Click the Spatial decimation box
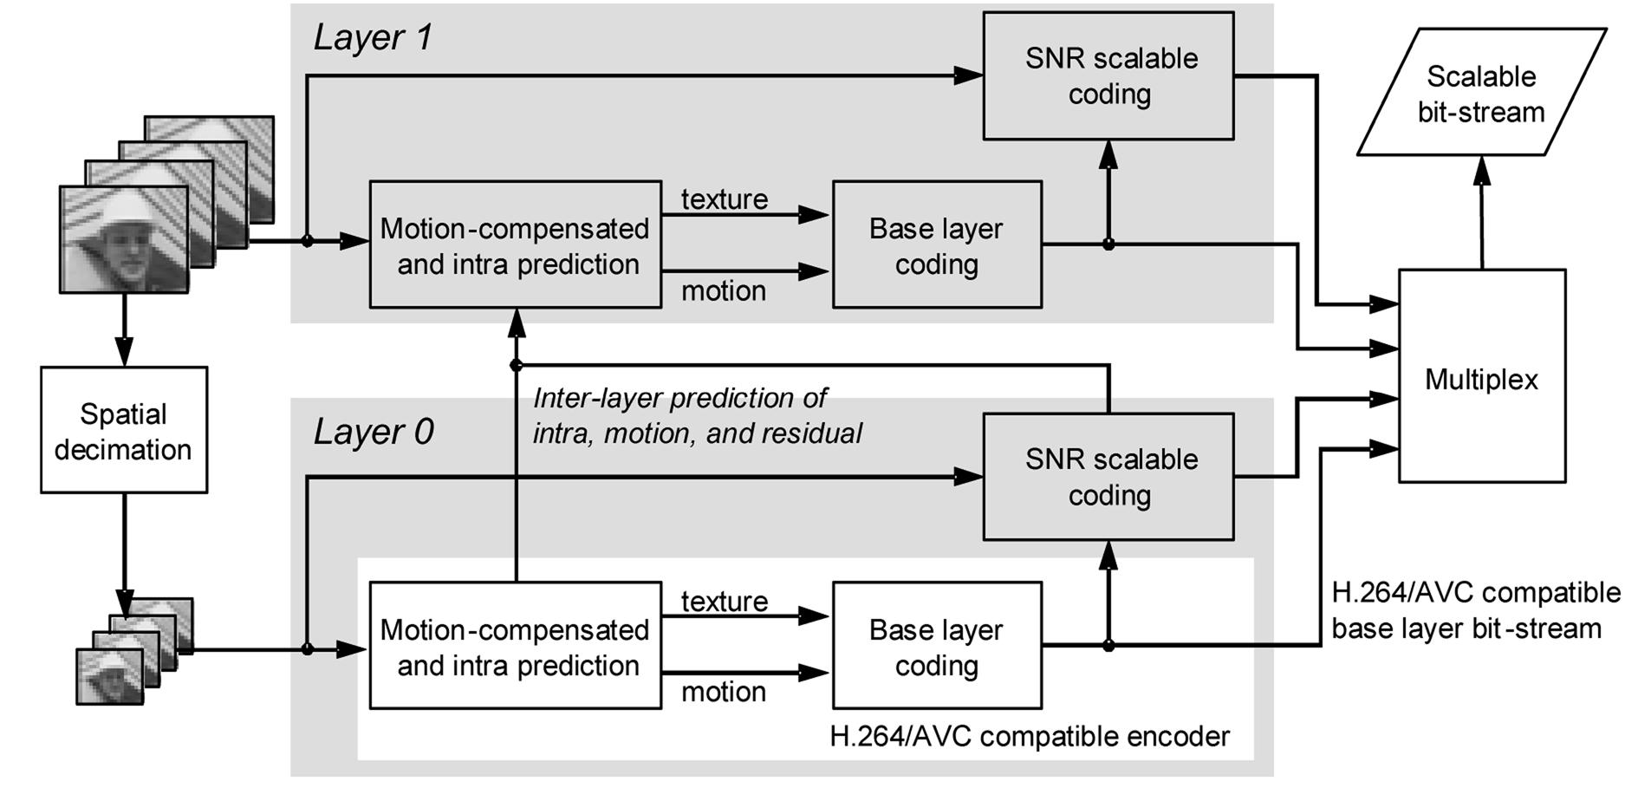click(x=123, y=430)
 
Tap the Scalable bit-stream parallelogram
click(x=1481, y=93)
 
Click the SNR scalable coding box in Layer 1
click(x=1108, y=75)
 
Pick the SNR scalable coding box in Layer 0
click(x=1108, y=477)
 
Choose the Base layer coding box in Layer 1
click(x=936, y=244)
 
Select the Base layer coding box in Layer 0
click(x=936, y=646)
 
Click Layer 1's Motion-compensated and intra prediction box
click(x=515, y=244)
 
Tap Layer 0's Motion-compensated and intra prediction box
click(x=515, y=646)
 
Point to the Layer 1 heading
click(x=373, y=37)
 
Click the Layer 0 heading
click(x=373, y=432)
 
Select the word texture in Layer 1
click(x=724, y=199)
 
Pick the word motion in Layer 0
click(x=724, y=692)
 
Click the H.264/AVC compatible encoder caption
click(x=1030, y=737)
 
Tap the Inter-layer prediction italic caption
click(x=697, y=415)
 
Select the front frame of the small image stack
click(x=109, y=676)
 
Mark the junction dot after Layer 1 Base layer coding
click(x=1108, y=244)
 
